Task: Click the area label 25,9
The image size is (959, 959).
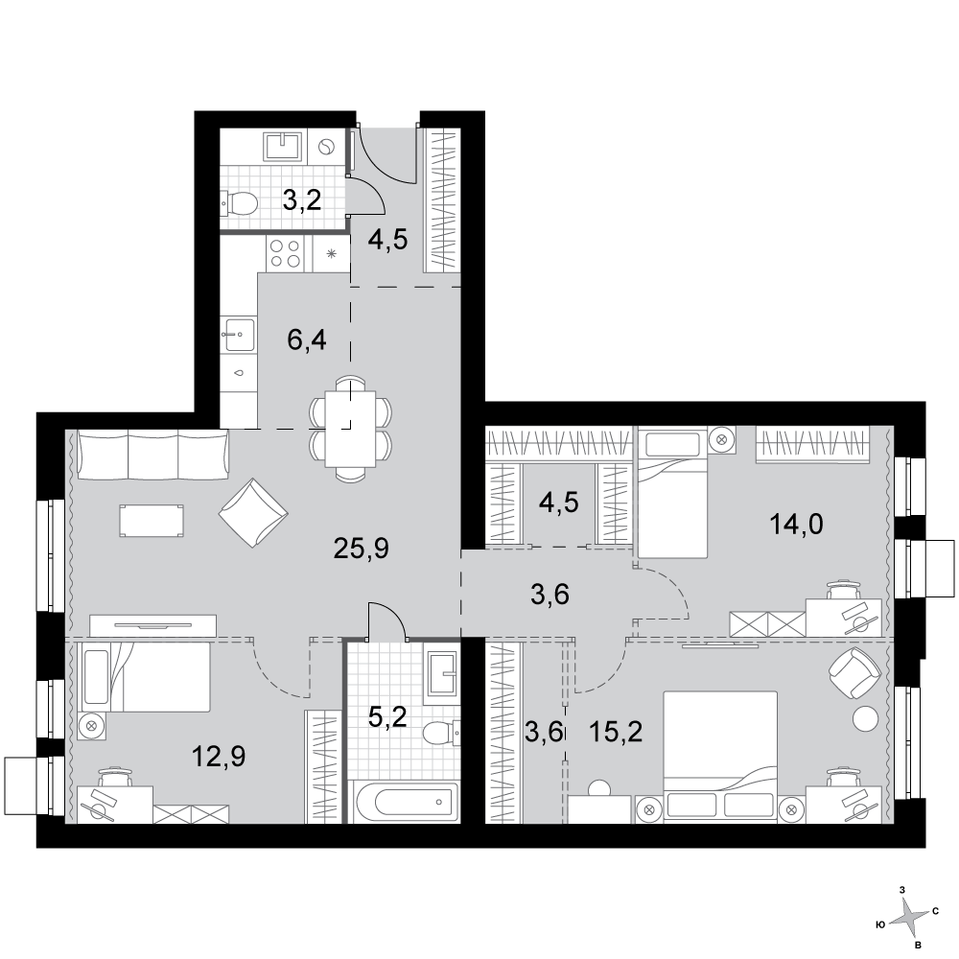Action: click(361, 550)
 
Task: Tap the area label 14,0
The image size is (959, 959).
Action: click(796, 525)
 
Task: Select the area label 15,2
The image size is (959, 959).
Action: click(616, 732)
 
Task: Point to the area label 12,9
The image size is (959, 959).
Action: click(219, 758)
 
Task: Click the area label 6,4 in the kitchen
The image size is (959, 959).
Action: click(307, 339)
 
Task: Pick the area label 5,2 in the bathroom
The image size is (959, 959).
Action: click(387, 716)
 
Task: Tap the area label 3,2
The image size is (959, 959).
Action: click(302, 199)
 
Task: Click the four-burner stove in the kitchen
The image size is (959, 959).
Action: click(286, 254)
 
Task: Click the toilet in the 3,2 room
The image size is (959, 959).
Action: click(239, 203)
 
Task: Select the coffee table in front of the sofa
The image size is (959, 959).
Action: click(152, 521)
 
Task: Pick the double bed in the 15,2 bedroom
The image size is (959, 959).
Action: click(720, 758)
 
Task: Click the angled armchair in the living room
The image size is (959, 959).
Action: click(253, 513)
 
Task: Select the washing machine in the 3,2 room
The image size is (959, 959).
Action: click(326, 147)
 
